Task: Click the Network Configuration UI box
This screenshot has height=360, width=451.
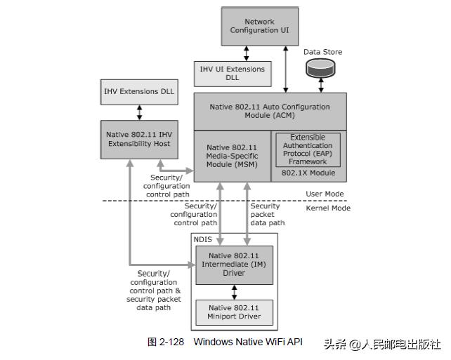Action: (x=259, y=27)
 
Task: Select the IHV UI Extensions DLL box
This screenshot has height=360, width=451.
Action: (x=233, y=74)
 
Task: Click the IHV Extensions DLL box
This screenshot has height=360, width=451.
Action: (x=139, y=91)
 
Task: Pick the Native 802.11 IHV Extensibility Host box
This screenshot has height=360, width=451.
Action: (x=139, y=138)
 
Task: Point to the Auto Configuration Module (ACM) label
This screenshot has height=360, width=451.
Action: (x=270, y=111)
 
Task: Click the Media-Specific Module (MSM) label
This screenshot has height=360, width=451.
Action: (x=232, y=156)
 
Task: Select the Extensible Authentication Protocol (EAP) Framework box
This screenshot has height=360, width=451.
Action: (x=308, y=149)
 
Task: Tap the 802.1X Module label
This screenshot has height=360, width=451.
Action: (x=308, y=173)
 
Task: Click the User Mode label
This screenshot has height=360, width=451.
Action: (x=325, y=194)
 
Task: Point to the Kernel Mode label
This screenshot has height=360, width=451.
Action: (x=327, y=208)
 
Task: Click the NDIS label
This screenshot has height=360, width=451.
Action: (x=204, y=240)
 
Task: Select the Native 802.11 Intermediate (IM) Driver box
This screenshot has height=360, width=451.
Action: (x=234, y=265)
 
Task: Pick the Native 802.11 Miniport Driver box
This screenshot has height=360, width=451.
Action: (x=234, y=312)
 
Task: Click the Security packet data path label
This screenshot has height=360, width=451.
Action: (x=267, y=215)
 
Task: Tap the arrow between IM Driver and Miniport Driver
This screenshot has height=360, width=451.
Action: (x=234, y=291)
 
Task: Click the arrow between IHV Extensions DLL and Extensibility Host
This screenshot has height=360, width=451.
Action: (x=139, y=112)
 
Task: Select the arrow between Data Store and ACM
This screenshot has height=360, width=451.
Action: (x=320, y=86)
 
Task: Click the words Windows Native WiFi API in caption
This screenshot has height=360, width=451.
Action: (x=248, y=342)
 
